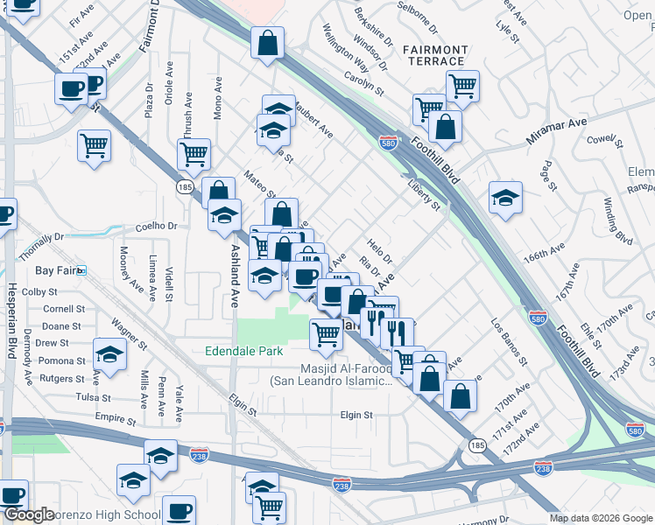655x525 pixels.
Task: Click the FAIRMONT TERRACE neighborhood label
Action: (x=435, y=55)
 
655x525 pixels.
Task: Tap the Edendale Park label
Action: (x=243, y=351)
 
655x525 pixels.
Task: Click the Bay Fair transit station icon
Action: (x=81, y=271)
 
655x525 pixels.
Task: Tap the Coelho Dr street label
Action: (x=156, y=227)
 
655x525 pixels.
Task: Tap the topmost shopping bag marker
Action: (x=268, y=43)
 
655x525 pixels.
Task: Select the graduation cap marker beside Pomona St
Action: (x=109, y=353)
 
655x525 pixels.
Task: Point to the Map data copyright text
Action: (x=601, y=518)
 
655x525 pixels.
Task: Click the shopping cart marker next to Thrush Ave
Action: (x=194, y=154)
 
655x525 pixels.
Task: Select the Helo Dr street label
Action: (x=379, y=252)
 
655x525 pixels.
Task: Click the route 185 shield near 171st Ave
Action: (x=475, y=445)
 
